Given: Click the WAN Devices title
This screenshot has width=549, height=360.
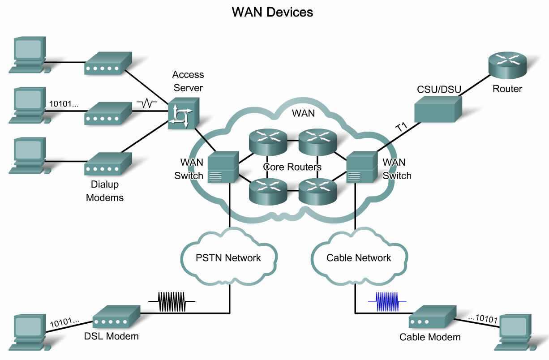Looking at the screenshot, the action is (x=272, y=12).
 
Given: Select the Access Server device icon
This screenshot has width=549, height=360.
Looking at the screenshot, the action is (x=184, y=113).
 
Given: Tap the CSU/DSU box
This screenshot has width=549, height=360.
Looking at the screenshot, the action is (x=438, y=109).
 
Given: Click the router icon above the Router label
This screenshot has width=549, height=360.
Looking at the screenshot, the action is (x=507, y=65).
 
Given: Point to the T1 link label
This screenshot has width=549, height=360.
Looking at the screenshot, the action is (x=402, y=127).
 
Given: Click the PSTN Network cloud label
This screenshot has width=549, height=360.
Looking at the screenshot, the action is (x=228, y=258).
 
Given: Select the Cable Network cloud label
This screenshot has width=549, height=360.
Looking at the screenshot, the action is (x=359, y=258).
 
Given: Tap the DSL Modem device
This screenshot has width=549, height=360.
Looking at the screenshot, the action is (x=116, y=317).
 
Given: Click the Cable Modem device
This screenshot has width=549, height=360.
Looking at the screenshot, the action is (x=433, y=317).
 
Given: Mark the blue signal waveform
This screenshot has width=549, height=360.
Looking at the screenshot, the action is (x=387, y=301).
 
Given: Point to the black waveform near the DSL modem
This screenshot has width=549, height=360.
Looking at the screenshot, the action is (x=172, y=301).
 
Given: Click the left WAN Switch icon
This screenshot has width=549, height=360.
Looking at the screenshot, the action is (x=223, y=167).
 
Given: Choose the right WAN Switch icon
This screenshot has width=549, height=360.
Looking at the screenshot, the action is (x=362, y=167).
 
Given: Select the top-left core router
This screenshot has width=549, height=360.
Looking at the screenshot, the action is (x=268, y=142).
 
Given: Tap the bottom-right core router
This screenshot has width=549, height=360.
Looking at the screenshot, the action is (x=317, y=192).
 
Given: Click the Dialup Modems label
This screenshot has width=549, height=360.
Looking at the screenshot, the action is (x=105, y=191).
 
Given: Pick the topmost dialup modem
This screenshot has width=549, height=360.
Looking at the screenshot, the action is (x=108, y=63).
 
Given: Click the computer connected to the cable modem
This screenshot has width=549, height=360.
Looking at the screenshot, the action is (x=515, y=332).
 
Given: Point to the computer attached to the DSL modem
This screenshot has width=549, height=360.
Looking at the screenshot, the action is (x=30, y=332).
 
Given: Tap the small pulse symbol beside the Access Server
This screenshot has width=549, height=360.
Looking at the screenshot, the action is (x=147, y=103).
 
